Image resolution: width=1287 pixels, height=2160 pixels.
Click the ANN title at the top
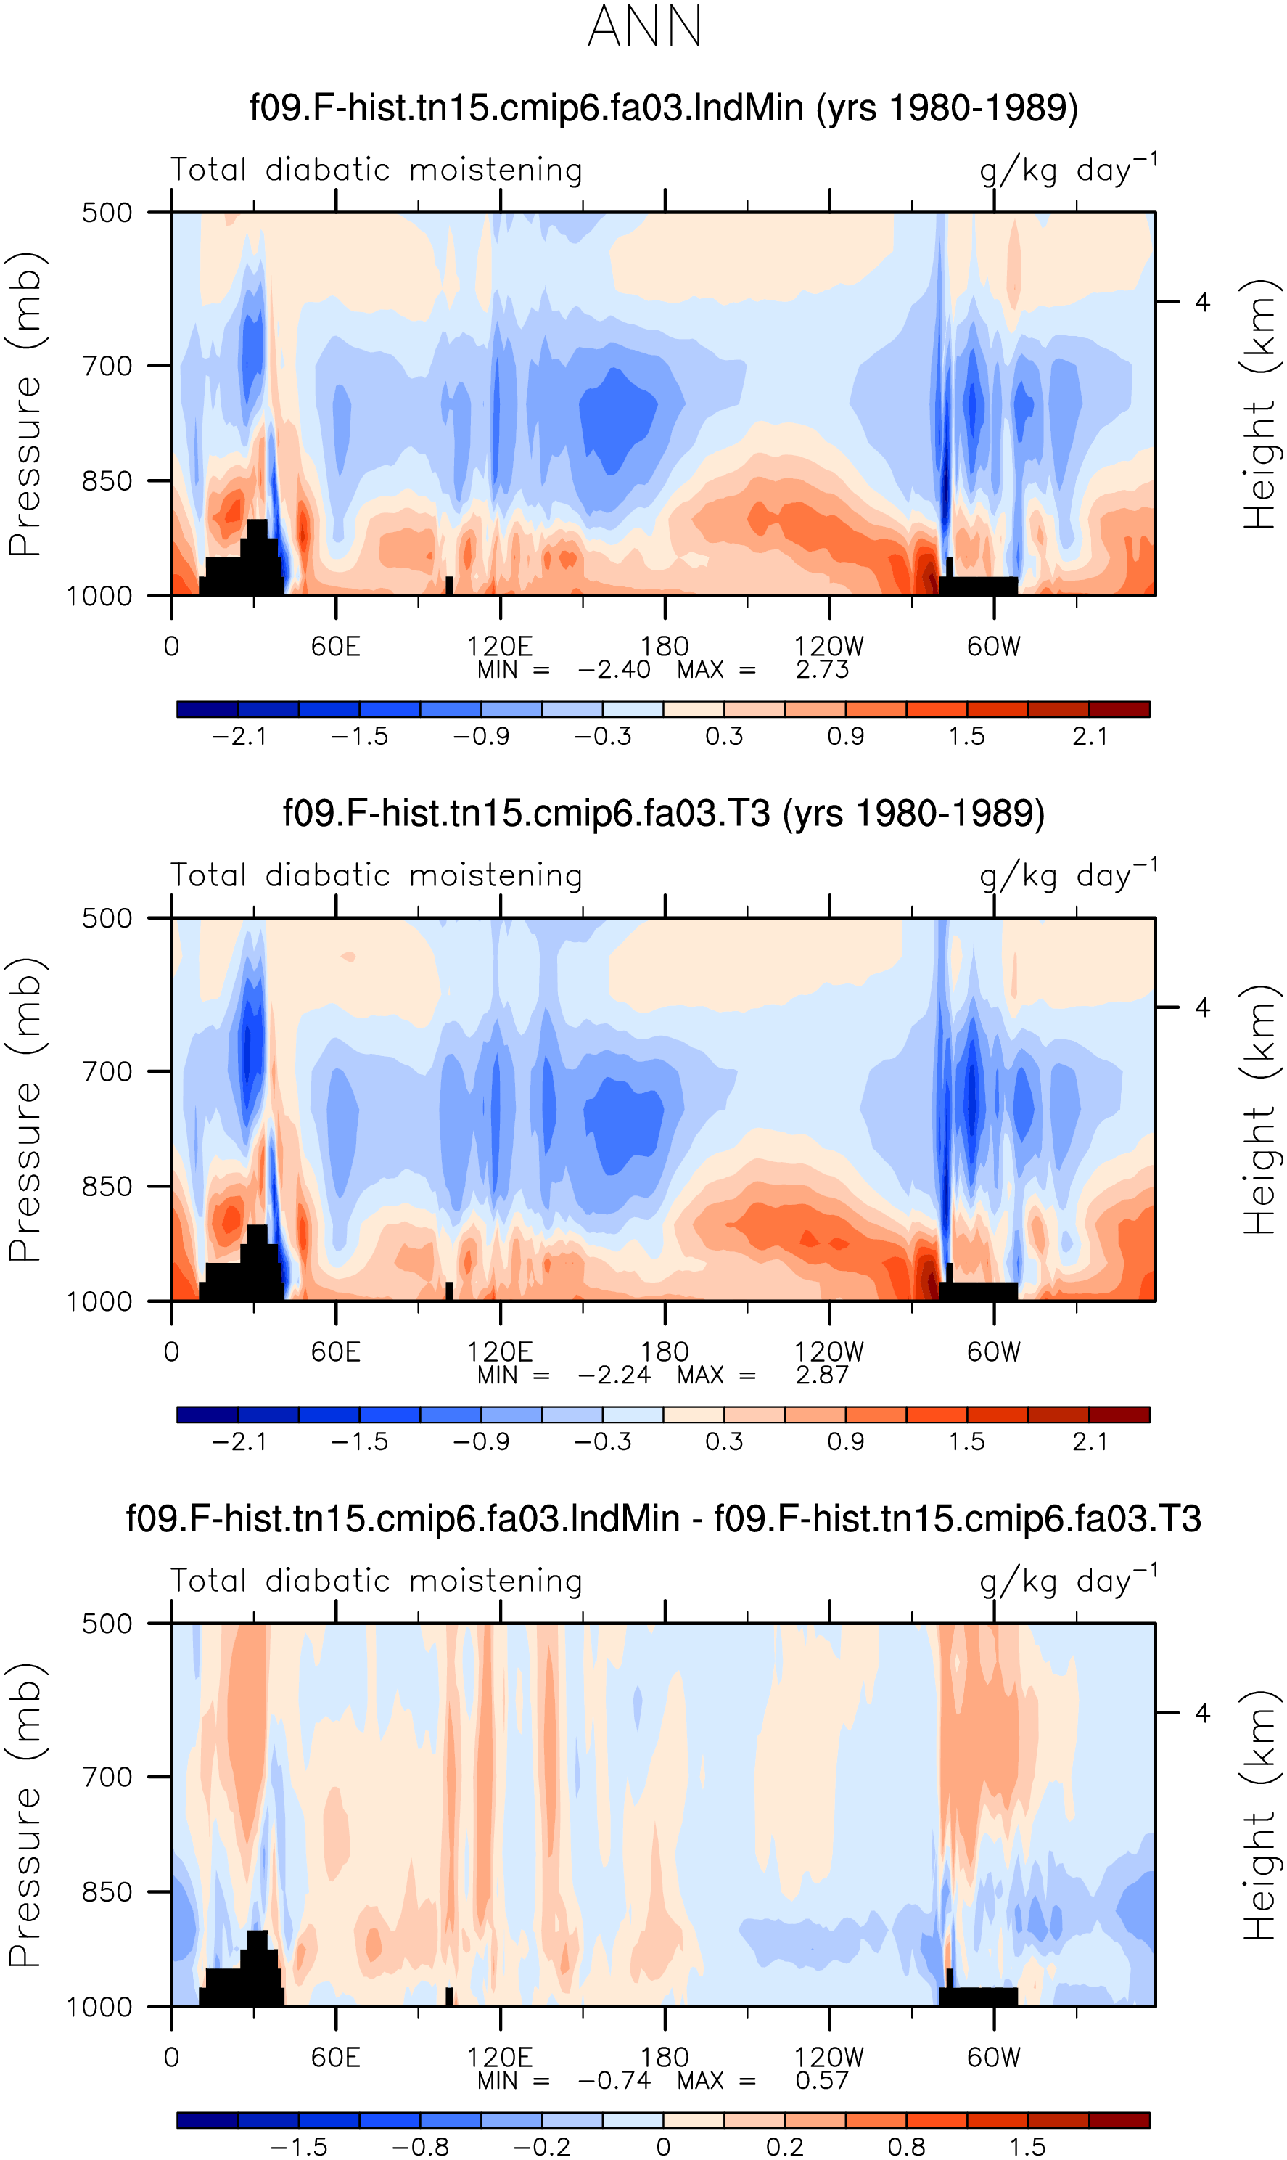click(x=644, y=27)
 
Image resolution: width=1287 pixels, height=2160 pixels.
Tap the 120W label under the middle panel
click(x=829, y=1351)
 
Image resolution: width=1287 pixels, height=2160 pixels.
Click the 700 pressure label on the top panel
click(x=107, y=366)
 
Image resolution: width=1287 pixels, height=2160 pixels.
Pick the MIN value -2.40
click(x=614, y=670)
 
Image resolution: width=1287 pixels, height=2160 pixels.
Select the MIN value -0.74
click(x=614, y=2080)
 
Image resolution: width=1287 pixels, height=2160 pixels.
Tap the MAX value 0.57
click(x=822, y=2080)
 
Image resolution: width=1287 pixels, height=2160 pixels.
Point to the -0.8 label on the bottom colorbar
click(x=421, y=2147)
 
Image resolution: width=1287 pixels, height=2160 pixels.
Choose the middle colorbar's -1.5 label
click(x=360, y=1441)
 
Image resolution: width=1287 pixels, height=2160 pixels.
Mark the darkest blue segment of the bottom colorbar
click(x=207, y=2119)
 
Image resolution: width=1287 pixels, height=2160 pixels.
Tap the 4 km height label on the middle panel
click(x=1202, y=1007)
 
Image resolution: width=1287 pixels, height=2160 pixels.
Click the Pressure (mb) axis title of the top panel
click(x=24, y=404)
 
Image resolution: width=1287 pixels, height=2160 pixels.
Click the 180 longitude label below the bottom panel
click(x=665, y=2057)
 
